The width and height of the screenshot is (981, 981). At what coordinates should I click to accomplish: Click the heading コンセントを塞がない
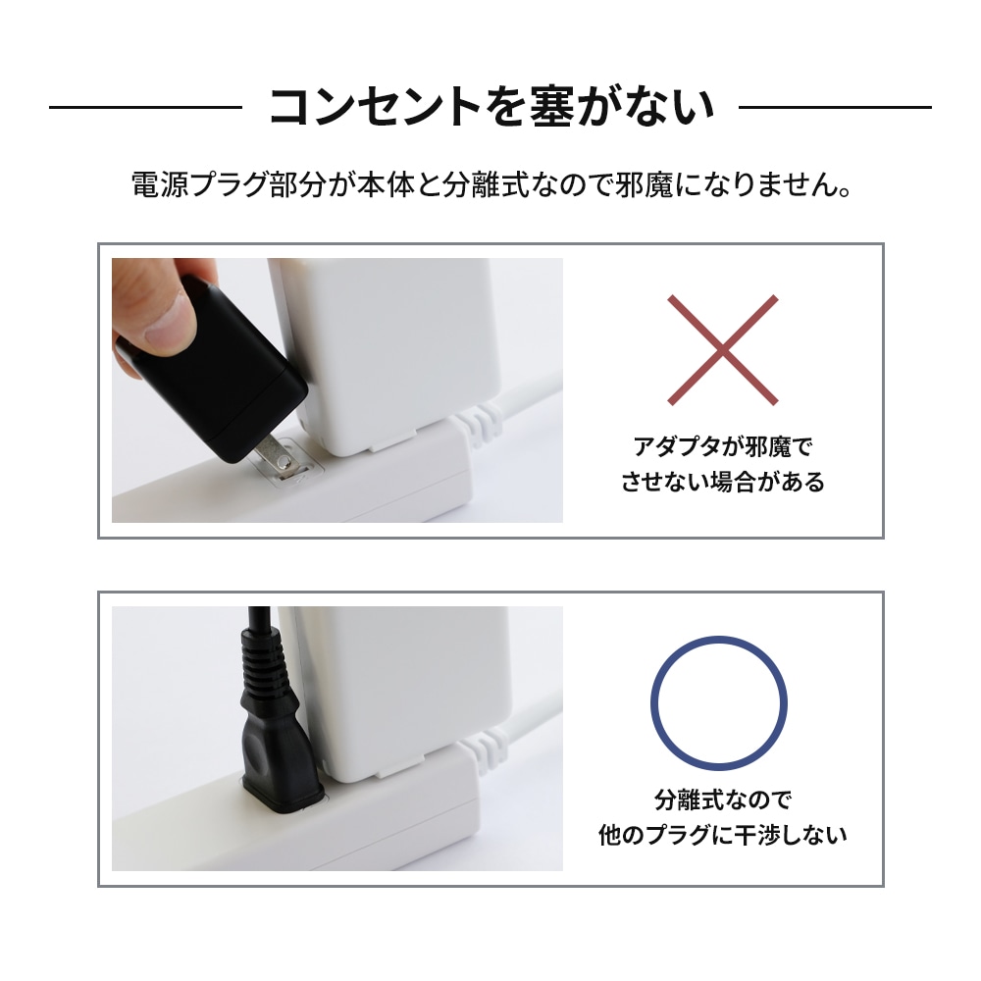(491, 107)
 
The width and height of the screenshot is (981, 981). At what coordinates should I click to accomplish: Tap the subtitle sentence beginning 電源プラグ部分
(491, 185)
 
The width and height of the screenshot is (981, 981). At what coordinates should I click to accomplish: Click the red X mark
(723, 350)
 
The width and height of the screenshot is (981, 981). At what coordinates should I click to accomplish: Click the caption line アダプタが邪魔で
(723, 446)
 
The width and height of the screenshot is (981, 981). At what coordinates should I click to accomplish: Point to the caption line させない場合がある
(723, 482)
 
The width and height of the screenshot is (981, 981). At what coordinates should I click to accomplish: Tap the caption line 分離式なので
(723, 800)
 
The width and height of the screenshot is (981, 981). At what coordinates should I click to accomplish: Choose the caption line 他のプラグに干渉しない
(723, 835)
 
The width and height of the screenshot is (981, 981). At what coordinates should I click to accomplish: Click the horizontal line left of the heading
(145, 108)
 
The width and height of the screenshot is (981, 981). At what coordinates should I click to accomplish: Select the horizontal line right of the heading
(835, 108)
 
